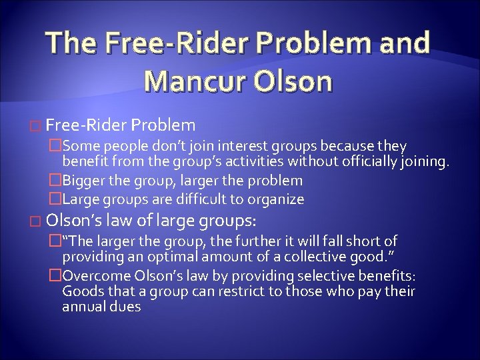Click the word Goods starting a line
point(79,291)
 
